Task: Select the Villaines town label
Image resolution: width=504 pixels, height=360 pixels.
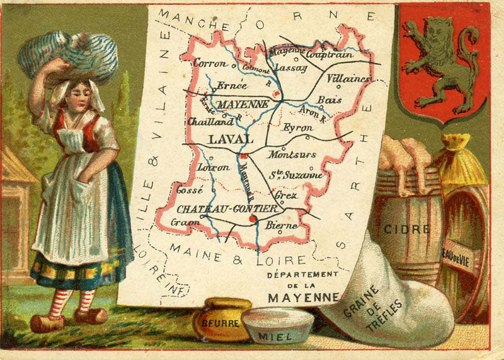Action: pyautogui.click(x=348, y=79)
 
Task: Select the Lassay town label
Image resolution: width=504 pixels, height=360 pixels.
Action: pyautogui.click(x=291, y=66)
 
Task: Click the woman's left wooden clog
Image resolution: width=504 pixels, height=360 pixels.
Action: pyautogui.click(x=90, y=315)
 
